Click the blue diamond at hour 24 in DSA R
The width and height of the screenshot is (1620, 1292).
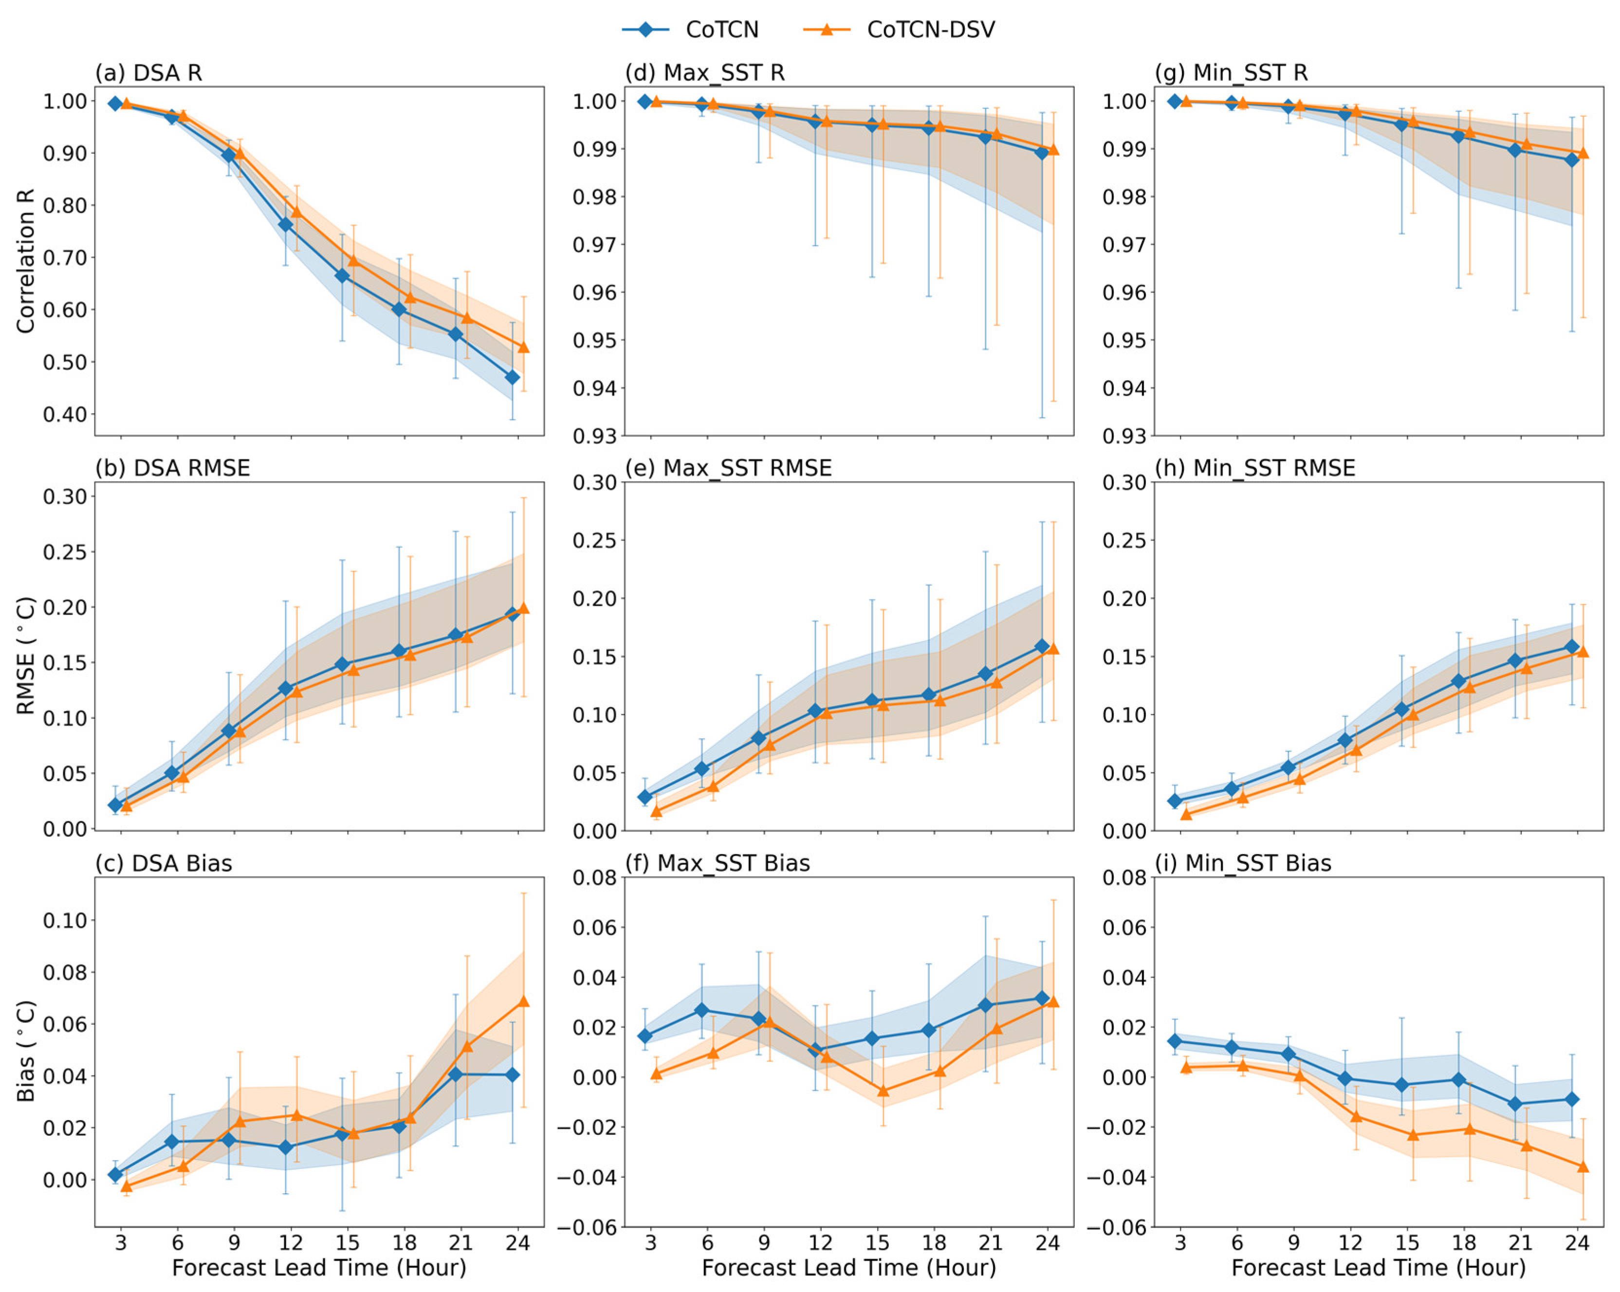point(513,377)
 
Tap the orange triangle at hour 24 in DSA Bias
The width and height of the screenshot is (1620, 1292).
point(524,1001)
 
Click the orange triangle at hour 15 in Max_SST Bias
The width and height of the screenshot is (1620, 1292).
point(883,1090)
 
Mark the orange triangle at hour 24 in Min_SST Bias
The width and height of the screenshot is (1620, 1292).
point(1583,1166)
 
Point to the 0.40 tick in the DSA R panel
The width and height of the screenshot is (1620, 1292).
point(65,414)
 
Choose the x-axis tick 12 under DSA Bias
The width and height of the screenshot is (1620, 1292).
point(291,1243)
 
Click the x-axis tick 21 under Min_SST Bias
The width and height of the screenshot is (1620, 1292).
point(1520,1243)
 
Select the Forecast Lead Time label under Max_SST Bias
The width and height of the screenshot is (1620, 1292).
point(849,1269)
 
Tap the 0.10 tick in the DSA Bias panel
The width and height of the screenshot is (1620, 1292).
point(65,920)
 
